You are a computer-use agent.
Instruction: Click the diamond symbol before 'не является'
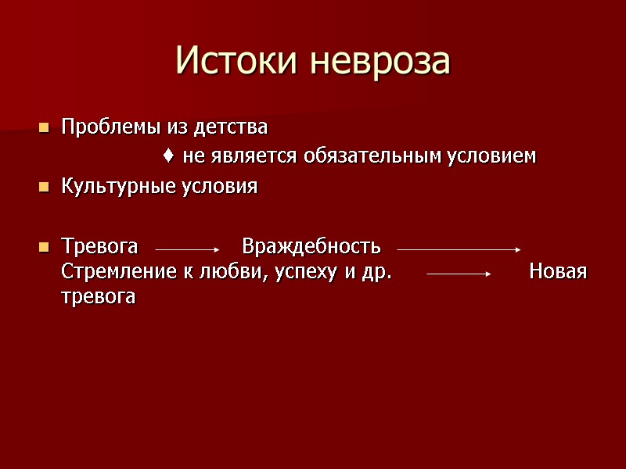tap(169, 156)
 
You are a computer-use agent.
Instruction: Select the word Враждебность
tap(311, 247)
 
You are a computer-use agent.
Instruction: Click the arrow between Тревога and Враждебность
tap(188, 249)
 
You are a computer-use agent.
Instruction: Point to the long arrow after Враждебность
tap(459, 249)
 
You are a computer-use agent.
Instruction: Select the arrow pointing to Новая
tap(458, 274)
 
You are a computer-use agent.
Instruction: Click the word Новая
tap(558, 272)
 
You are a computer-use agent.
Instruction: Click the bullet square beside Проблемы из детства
tap(44, 127)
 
